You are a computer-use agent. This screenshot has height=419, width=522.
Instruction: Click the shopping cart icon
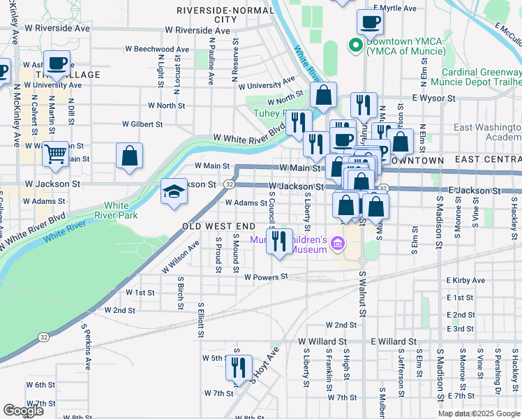[55, 154]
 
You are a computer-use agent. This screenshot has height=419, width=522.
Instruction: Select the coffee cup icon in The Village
[57, 64]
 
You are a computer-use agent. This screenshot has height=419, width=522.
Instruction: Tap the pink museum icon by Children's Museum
[338, 243]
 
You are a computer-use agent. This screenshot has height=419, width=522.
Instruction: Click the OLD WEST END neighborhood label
[219, 227]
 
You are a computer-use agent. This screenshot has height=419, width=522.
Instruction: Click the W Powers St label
[266, 277]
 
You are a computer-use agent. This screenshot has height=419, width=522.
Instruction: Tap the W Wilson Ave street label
[180, 256]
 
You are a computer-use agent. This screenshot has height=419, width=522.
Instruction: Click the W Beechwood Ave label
[156, 50]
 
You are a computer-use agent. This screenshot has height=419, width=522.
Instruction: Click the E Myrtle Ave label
[398, 8]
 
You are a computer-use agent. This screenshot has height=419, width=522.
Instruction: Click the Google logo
[23, 411]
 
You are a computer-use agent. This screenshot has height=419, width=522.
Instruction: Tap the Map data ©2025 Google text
[478, 413]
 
